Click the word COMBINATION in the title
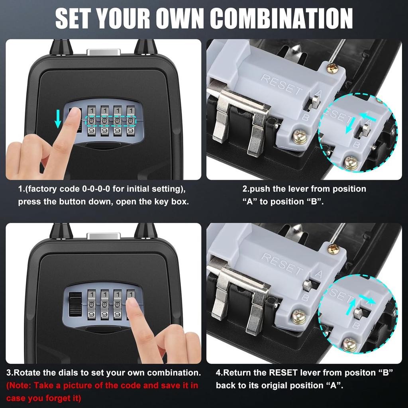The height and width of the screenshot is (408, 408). [x=281, y=18]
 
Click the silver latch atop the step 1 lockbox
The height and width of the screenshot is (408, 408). [x=104, y=53]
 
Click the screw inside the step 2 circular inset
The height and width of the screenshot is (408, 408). [x=351, y=162]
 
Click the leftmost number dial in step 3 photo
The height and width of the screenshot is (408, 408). [x=92, y=305]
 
